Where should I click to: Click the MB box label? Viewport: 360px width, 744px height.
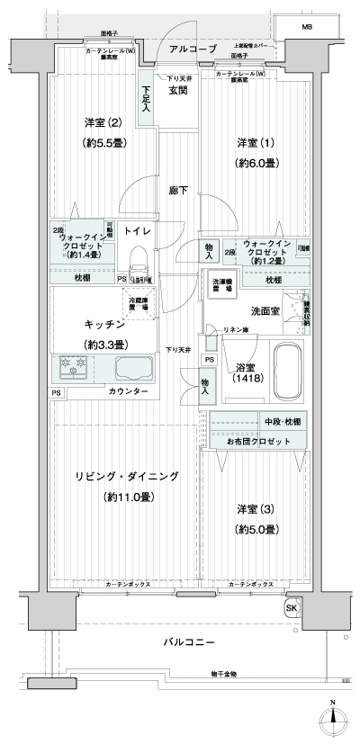click(x=309, y=28)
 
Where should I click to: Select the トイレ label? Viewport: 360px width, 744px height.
click(x=137, y=231)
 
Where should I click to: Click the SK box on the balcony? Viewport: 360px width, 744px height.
click(x=292, y=608)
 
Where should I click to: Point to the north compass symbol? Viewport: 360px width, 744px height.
click(x=334, y=717)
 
